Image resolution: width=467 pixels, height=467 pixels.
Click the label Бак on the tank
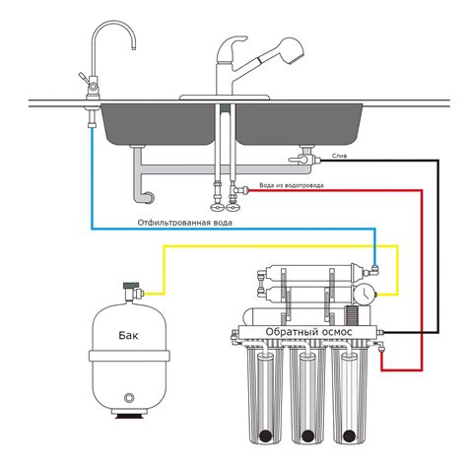[x=128, y=335]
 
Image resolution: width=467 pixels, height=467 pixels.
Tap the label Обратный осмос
[x=308, y=332]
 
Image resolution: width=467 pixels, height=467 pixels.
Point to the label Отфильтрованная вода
[x=185, y=223]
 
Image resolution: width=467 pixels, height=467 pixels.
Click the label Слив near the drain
[x=339, y=156]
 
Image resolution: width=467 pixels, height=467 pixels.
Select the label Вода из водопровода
[x=292, y=185]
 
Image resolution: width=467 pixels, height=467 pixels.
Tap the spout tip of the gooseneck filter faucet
[x=134, y=48]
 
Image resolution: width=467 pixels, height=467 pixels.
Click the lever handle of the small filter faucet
[x=84, y=78]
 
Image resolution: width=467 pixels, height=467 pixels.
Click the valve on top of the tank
[x=133, y=291]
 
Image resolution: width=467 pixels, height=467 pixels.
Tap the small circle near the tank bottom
[x=129, y=398]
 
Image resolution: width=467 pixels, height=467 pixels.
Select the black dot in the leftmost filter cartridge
[x=265, y=435]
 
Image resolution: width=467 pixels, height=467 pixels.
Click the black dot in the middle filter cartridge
[x=307, y=435]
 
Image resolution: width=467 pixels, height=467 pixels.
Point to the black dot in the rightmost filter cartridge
[x=349, y=435]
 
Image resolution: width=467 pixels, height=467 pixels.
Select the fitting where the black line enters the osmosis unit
[x=381, y=333]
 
